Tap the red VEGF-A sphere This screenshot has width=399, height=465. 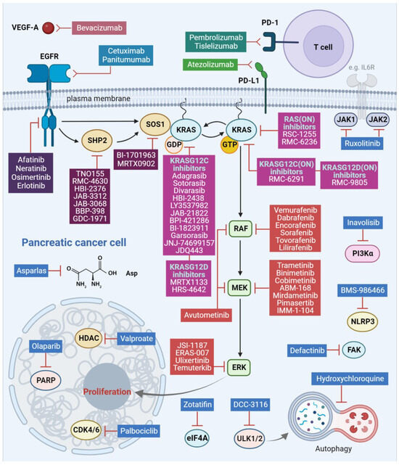tap(48, 28)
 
